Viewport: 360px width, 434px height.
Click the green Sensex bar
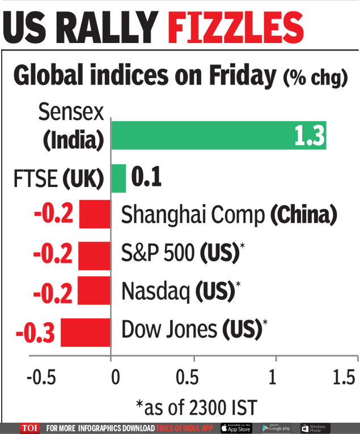(x=218, y=135)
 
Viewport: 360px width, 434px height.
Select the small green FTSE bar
(x=118, y=178)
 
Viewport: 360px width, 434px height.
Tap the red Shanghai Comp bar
(x=95, y=214)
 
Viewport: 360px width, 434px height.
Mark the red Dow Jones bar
(x=86, y=332)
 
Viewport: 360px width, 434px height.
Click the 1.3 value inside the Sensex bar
(x=308, y=135)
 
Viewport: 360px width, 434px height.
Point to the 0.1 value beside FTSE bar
(x=146, y=178)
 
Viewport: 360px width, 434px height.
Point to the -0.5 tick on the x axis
(x=42, y=377)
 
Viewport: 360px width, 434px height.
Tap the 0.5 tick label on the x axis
(x=194, y=377)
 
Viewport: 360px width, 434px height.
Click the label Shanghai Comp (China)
(x=230, y=215)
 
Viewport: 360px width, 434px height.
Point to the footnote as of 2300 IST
(x=196, y=406)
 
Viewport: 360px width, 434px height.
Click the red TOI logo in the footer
(x=30, y=428)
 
